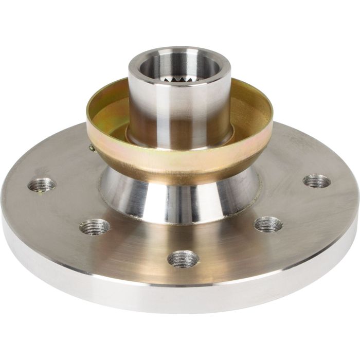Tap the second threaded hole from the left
[95, 226]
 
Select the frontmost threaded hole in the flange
[183, 258]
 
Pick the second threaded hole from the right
[268, 224]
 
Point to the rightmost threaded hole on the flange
[316, 181]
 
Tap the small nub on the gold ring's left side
[91, 149]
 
